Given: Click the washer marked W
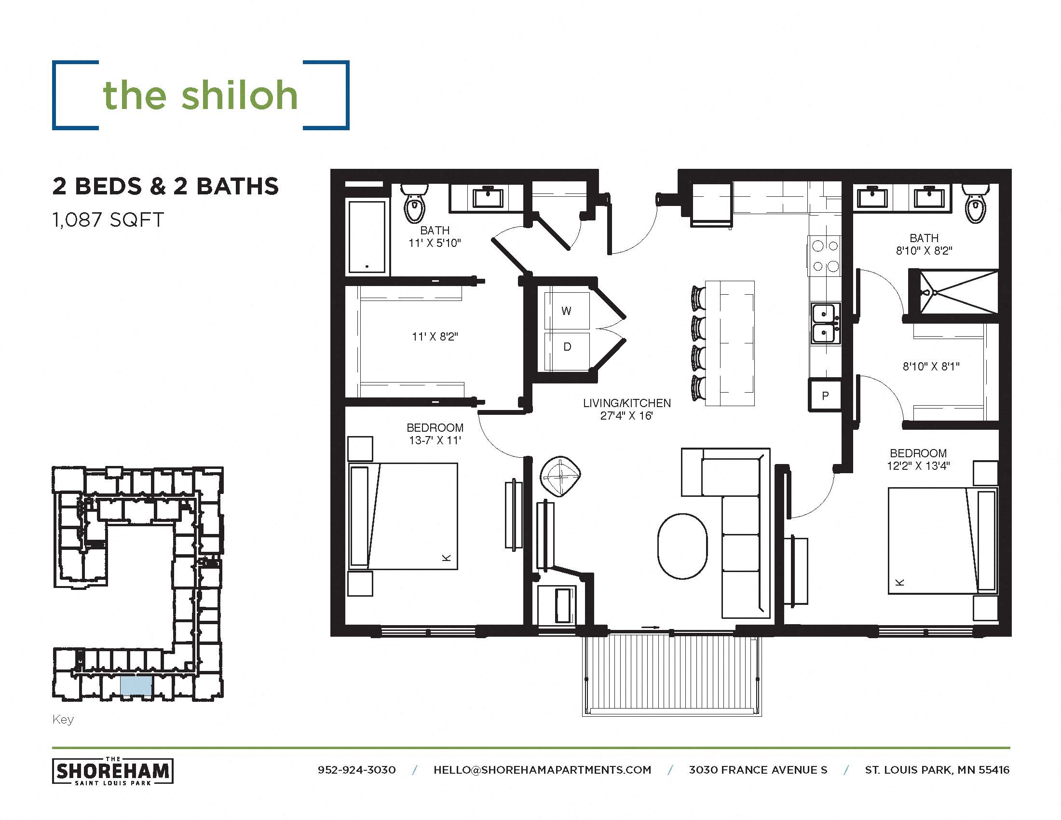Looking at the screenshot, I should [x=567, y=311].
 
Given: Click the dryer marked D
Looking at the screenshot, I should [x=567, y=346].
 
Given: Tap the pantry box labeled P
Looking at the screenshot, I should [x=824, y=396].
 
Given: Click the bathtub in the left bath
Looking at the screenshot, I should [x=367, y=237].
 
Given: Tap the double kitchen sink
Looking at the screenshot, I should [x=824, y=323].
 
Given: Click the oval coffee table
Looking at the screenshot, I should [x=682, y=547].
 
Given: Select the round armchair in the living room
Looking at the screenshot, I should [x=560, y=476].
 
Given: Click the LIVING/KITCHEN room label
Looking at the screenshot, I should [x=626, y=403].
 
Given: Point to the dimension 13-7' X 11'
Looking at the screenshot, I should [x=435, y=440].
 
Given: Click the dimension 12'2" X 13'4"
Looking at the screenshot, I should [x=918, y=465].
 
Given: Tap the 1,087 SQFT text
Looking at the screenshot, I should [x=108, y=220].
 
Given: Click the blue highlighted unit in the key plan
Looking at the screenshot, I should [x=136, y=685].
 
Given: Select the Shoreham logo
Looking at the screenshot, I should [x=112, y=771].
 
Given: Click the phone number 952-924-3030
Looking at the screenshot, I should [x=356, y=770].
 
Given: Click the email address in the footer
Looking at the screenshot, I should [x=542, y=770].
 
